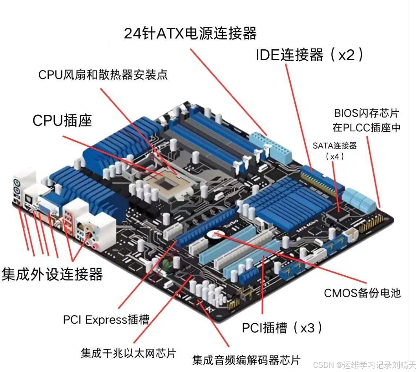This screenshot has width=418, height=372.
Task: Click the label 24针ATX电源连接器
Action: [190, 33]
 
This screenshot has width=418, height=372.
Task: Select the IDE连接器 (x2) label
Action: [310, 56]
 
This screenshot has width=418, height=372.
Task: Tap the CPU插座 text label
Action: [62, 121]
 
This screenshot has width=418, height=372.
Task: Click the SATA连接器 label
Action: [334, 146]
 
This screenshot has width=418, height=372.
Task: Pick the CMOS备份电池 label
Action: [362, 293]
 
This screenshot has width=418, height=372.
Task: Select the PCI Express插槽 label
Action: [106, 319]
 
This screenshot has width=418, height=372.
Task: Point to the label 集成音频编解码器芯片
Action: [246, 360]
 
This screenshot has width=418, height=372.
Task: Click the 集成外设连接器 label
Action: [52, 274]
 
